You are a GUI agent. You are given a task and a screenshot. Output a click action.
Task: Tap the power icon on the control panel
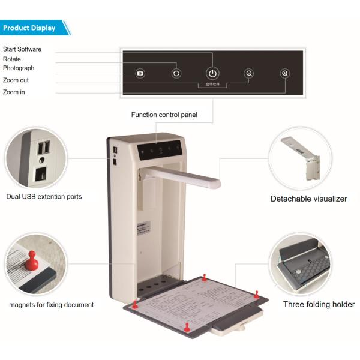[212, 73]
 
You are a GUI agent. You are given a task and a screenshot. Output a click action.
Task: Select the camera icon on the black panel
[140, 73]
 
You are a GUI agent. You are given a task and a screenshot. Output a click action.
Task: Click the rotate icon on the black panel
[176, 73]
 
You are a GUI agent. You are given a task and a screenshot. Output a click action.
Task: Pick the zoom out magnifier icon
[249, 73]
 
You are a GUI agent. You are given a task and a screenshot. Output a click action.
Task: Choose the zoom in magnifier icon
[285, 73]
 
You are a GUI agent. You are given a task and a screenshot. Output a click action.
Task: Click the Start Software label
[22, 49]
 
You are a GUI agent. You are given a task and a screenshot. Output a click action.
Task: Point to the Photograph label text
[19, 68]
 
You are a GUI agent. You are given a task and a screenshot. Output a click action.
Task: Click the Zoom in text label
[14, 92]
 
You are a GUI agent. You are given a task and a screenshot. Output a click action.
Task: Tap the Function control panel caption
[164, 115]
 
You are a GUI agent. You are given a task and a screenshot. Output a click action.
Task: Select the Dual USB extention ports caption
[44, 196]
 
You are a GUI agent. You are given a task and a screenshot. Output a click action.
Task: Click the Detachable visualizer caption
[308, 199]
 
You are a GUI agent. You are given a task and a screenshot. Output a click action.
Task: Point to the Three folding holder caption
[319, 305]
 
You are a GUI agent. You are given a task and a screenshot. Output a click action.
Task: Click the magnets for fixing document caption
[51, 305]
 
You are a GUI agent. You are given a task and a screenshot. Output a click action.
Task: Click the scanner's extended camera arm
[186, 175]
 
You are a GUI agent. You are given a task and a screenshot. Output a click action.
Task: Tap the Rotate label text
[12, 59]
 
